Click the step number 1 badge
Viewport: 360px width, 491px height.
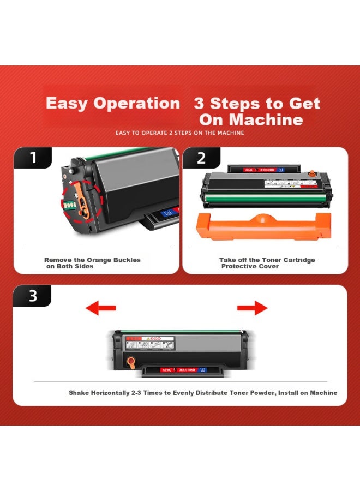click(x=33, y=158)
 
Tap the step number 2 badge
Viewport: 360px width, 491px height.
click(x=201, y=158)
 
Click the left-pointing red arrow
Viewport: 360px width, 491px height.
click(x=101, y=308)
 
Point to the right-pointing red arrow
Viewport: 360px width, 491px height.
click(x=252, y=308)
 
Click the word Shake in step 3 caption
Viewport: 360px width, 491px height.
click(x=79, y=393)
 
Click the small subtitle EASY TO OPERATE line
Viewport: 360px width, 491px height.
click(x=179, y=133)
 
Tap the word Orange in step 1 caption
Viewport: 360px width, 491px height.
click(x=98, y=260)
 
